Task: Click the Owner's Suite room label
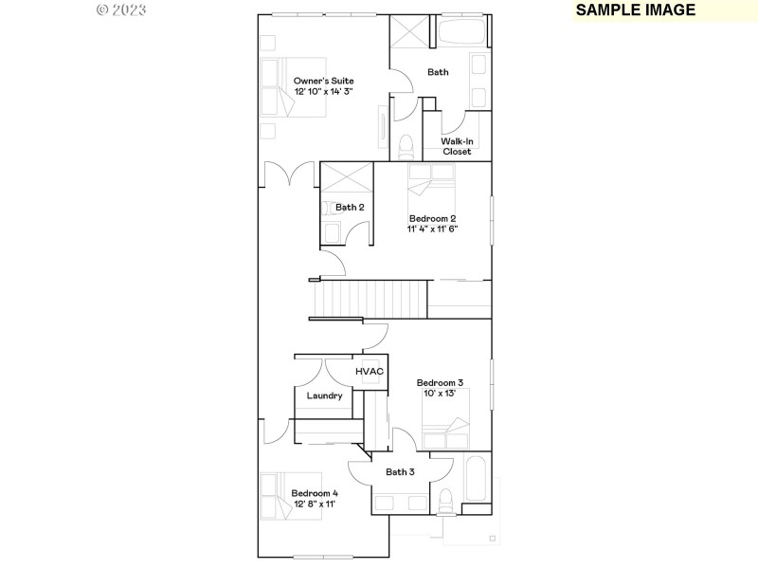pyautogui.click(x=323, y=81)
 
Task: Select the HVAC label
pyautogui.click(x=370, y=371)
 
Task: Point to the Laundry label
pyautogui.click(x=324, y=395)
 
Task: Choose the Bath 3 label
pyautogui.click(x=400, y=471)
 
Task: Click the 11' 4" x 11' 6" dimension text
pyautogui.click(x=433, y=229)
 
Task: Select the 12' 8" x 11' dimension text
pyautogui.click(x=314, y=505)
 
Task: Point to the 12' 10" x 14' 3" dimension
pyautogui.click(x=323, y=92)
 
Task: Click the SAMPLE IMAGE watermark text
pyautogui.click(x=636, y=10)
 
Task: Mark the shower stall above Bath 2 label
pyautogui.click(x=348, y=178)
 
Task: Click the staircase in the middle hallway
pyautogui.click(x=370, y=299)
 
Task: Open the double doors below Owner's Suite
pyautogui.click(x=289, y=174)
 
